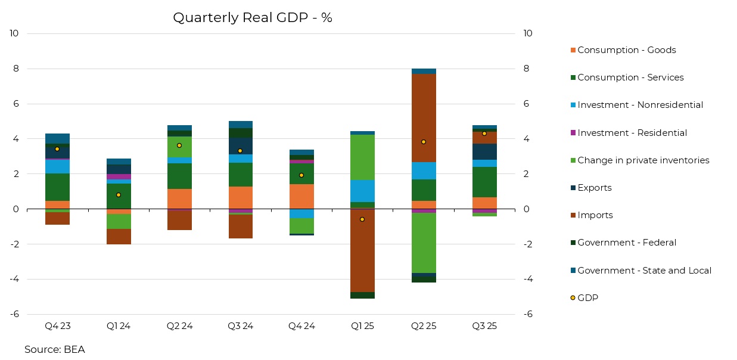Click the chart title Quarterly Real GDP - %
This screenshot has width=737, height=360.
[x=252, y=18]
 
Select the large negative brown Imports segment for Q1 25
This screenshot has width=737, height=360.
[x=362, y=250]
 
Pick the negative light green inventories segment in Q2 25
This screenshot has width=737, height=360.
[x=424, y=243]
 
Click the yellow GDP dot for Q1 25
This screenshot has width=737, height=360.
[x=362, y=219]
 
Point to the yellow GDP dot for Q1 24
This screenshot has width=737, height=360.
[x=119, y=195]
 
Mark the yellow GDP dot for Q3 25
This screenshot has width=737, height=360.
[x=484, y=134]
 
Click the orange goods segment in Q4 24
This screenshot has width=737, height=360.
[x=301, y=196]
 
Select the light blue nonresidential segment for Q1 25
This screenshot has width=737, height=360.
[x=362, y=191]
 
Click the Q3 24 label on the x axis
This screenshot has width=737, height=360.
[x=240, y=326]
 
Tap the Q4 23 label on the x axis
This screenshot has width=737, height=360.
[x=57, y=326]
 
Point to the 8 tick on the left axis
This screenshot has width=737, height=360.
[x=15, y=69]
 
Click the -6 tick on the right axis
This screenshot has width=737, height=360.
[x=527, y=314]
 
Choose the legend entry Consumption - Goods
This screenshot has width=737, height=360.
[x=626, y=50]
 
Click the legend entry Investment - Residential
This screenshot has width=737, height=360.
[x=632, y=133]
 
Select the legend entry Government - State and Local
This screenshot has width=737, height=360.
[x=643, y=271]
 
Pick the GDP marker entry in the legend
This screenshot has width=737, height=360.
[x=587, y=298]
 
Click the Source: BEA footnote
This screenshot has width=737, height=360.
[x=55, y=349]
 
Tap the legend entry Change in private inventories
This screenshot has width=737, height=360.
[x=643, y=160]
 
